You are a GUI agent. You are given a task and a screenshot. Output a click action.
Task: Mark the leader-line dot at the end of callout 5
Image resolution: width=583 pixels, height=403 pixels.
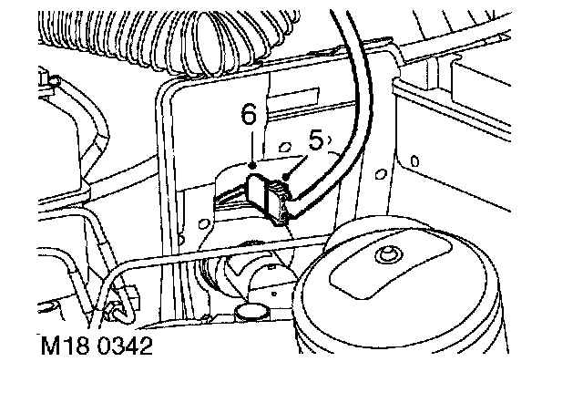click(x=288, y=173)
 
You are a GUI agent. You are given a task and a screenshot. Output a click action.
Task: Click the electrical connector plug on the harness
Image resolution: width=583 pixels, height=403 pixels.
click(x=266, y=196)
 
